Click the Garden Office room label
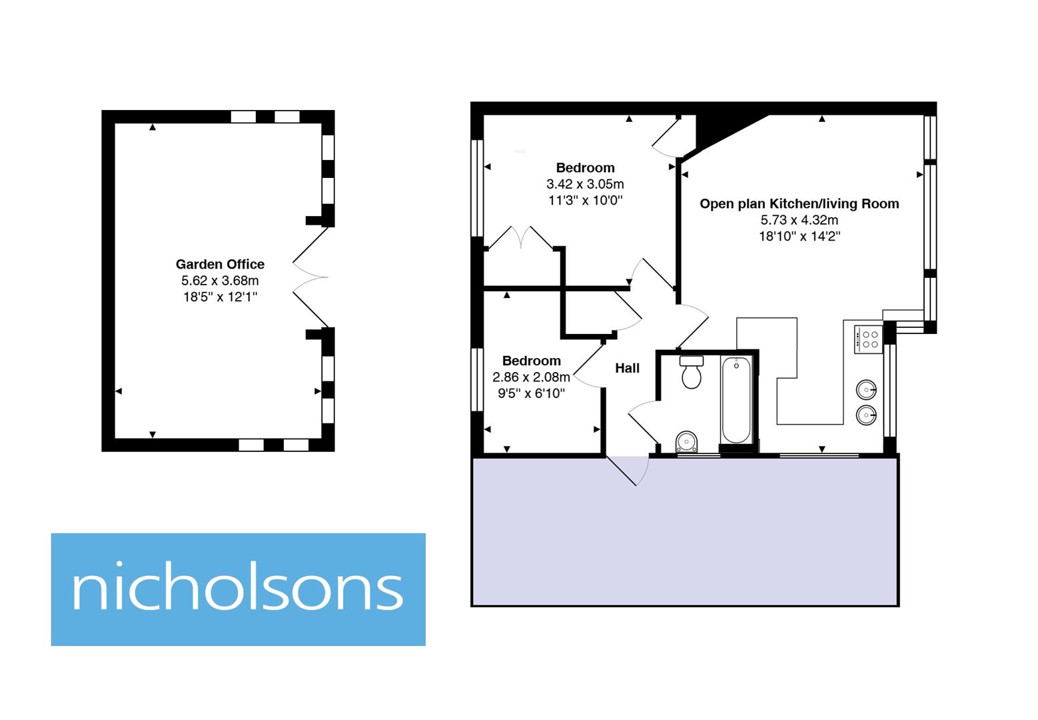[x=220, y=264]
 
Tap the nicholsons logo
[x=238, y=589]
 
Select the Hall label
[x=627, y=368]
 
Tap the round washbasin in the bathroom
[x=686, y=441]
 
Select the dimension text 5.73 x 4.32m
[x=799, y=220]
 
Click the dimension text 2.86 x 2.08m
[x=531, y=377]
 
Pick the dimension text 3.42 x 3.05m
[x=585, y=184]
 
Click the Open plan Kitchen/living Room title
[x=799, y=204]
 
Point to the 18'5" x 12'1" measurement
[x=220, y=297]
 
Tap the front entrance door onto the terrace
[x=628, y=470]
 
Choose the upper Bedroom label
[x=585, y=168]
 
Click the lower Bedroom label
[x=531, y=361]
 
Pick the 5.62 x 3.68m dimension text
[x=220, y=281]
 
